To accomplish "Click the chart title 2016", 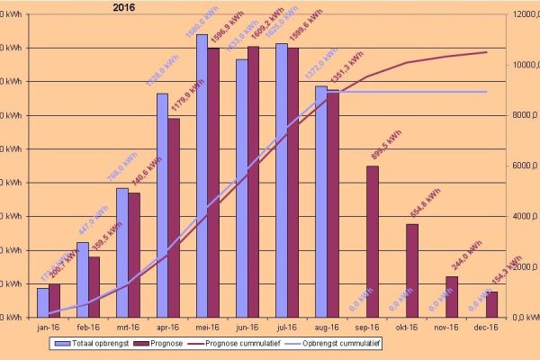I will [x=125, y=7].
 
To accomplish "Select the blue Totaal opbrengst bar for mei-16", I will [x=202, y=175].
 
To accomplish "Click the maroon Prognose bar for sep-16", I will [x=373, y=241].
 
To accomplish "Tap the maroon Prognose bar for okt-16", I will [x=411, y=270].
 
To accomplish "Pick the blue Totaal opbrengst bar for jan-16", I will [x=43, y=302].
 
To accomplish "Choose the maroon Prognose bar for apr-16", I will [x=174, y=218].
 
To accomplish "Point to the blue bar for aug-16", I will [x=321, y=202].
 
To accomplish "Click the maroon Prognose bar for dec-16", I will [x=491, y=304].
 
